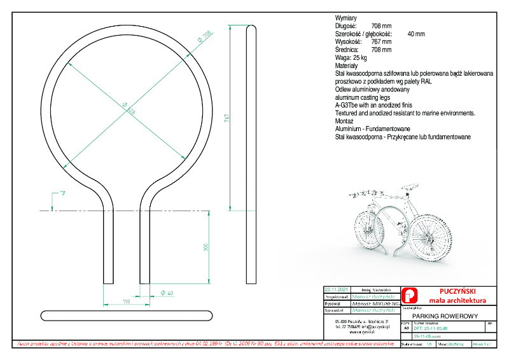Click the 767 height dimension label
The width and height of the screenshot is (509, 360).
point(226,119)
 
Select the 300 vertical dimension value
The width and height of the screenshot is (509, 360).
point(206,247)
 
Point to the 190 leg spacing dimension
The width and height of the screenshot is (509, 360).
point(126,301)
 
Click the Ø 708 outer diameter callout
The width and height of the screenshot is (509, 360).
point(204,37)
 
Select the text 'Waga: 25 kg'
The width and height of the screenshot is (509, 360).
point(351,57)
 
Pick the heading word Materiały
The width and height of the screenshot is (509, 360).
point(347,66)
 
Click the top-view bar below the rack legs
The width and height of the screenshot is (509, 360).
point(127,315)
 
